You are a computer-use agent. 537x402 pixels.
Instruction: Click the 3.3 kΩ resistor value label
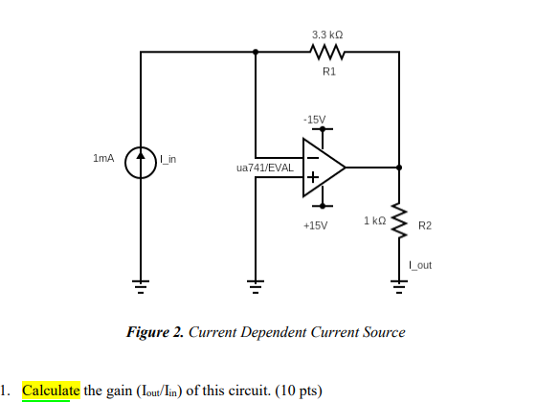point(327,34)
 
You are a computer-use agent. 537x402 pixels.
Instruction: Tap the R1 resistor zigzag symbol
point(327,53)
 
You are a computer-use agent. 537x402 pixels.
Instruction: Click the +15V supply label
point(314,226)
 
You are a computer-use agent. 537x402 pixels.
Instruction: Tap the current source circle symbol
point(141,159)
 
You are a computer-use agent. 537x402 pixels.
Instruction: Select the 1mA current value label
point(103,157)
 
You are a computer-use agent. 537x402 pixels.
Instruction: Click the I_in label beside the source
point(171,158)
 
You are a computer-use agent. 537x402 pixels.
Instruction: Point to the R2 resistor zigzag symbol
point(399,222)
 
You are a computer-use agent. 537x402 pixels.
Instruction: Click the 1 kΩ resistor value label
point(374,221)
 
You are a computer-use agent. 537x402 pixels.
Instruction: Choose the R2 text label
point(425,226)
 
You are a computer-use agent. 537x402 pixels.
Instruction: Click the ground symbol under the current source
point(141,282)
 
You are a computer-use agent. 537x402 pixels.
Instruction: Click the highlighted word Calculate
point(51,391)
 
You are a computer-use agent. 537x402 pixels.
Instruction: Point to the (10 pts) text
point(299,391)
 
